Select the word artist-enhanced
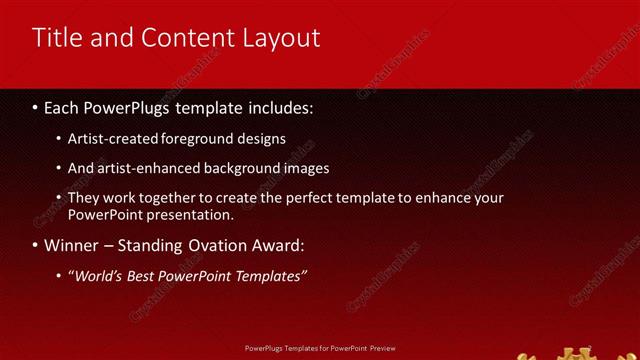141,168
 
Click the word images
305,168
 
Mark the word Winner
69,245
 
